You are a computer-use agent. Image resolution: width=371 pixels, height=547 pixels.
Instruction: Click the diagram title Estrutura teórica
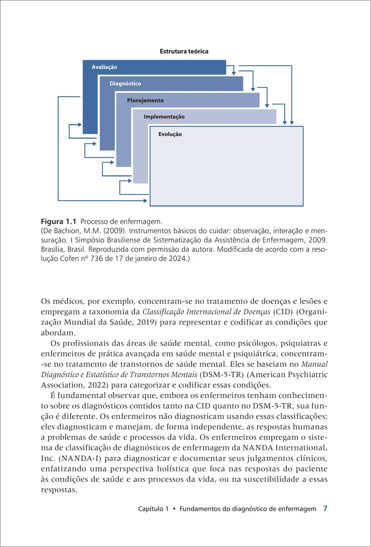184,52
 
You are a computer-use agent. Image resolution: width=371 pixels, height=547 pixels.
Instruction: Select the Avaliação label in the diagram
104,67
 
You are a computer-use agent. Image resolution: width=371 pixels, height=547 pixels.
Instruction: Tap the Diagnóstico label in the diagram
125,84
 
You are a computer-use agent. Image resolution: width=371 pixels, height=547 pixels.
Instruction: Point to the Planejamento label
145,100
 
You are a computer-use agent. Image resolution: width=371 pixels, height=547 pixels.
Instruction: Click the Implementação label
164,117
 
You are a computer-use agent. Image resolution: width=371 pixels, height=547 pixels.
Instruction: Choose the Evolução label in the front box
170,134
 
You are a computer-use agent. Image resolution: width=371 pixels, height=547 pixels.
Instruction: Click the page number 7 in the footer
325,508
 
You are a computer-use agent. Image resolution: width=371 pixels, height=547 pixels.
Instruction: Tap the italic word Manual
315,365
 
